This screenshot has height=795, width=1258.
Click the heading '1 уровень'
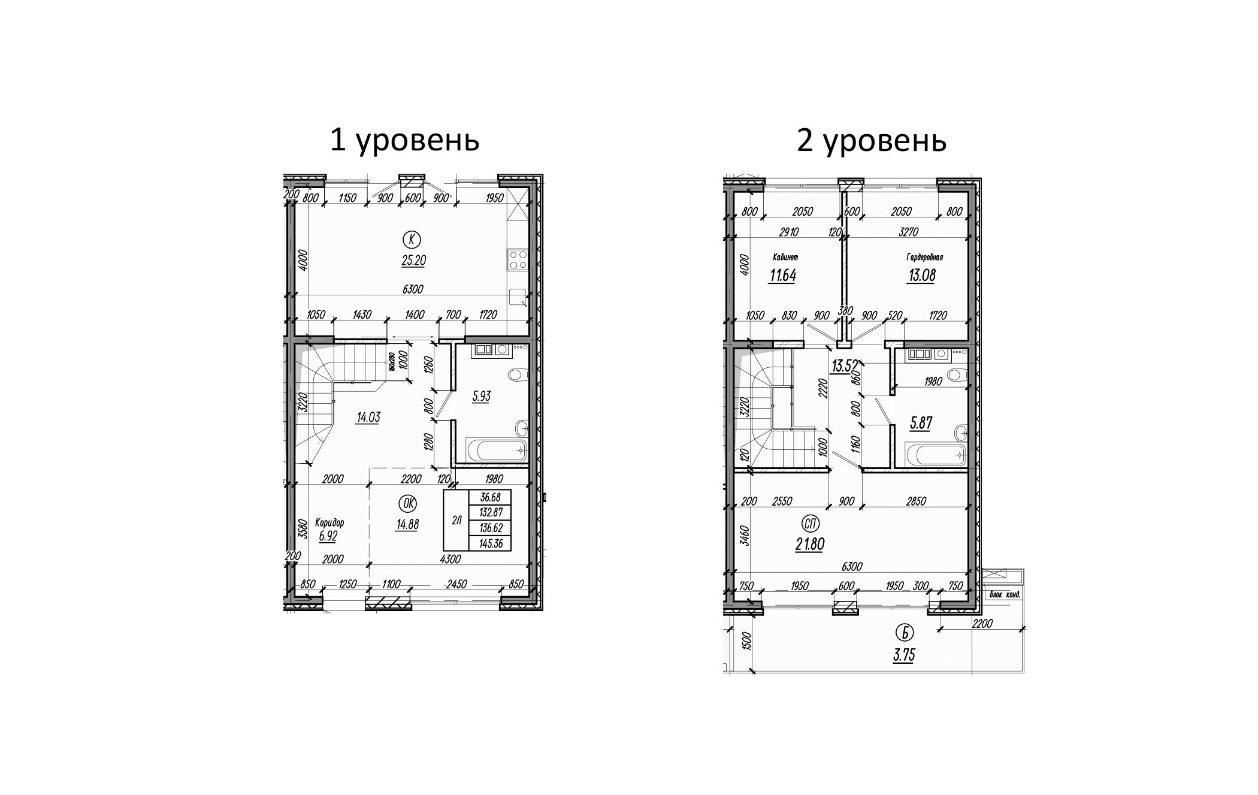point(404,141)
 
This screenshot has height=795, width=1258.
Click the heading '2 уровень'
point(871,141)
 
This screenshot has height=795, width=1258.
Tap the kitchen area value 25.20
point(414,261)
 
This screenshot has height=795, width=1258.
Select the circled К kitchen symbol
point(412,240)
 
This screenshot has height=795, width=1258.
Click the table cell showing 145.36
point(491,544)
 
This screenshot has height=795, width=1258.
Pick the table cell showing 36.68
point(491,497)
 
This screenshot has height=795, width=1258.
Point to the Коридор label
point(329,522)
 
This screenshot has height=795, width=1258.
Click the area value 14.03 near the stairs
point(368,418)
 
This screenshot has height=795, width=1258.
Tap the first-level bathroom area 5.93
point(481,396)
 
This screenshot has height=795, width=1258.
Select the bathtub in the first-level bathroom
point(497,450)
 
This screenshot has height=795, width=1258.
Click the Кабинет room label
point(785,258)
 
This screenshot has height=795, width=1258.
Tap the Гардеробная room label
point(924,258)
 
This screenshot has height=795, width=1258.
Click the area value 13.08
point(921,276)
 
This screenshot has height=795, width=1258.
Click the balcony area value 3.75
point(904,655)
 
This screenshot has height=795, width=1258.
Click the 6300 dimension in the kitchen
point(413,289)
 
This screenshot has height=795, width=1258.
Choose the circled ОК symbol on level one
point(409,503)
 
